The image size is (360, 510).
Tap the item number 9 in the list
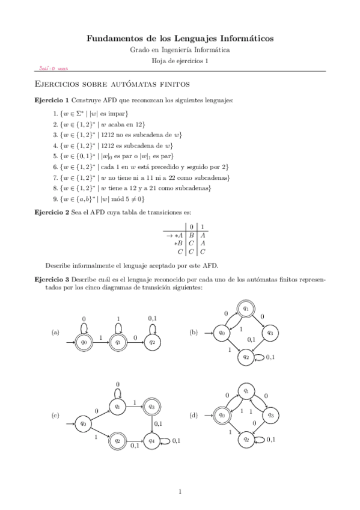pos(55,198)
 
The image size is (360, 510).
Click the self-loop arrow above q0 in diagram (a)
pos(84,327)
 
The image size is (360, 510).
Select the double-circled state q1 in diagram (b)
pos(246,309)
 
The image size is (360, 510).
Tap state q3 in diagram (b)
pos(270,333)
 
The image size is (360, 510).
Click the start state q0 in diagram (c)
pos(84,423)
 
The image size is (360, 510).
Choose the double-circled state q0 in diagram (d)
pos(222,415)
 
